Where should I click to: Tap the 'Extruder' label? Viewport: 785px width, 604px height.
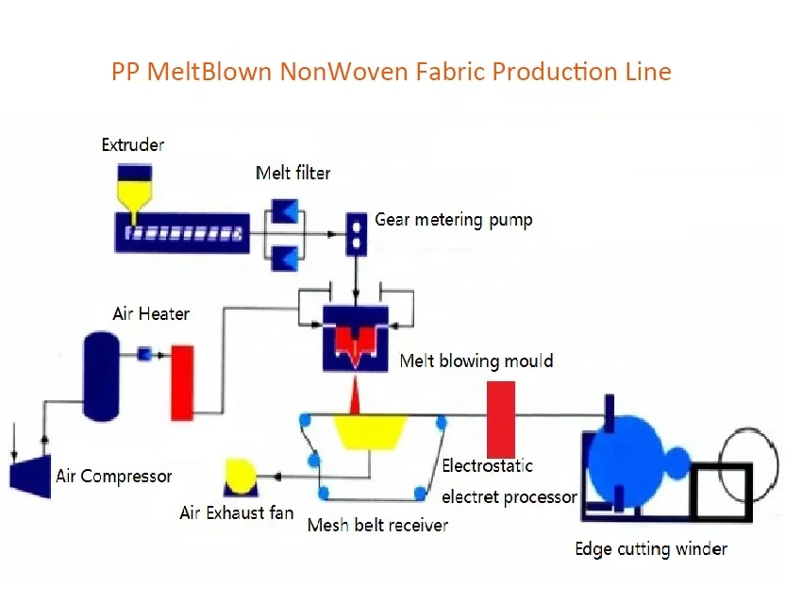(133, 144)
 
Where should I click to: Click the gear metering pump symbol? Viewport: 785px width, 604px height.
(357, 233)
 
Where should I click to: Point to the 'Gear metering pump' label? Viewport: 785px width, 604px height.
(453, 220)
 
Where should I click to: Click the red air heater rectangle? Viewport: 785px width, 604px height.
(182, 382)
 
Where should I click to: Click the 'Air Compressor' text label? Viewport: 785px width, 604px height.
(113, 476)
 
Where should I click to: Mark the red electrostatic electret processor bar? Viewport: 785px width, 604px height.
(500, 419)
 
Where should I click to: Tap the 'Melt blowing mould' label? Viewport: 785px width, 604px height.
(476, 361)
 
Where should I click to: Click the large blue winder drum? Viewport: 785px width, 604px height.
(630, 461)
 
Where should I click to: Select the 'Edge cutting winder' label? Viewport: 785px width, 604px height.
(651, 548)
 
